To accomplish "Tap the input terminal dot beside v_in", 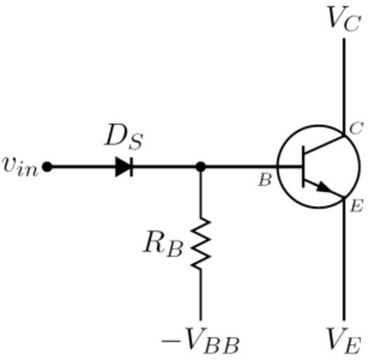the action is tap(47, 167).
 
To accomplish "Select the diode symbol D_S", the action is tap(124, 167).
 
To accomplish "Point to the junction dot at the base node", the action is tap(201, 167).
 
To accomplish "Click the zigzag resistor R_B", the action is tap(201, 244).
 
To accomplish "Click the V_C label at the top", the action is tap(343, 19).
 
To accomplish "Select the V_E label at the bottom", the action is tap(343, 341).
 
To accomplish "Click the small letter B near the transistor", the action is tap(265, 181).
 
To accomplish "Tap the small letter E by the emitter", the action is tap(357, 206).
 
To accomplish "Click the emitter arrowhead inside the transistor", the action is tap(324, 187).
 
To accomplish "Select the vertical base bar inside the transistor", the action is tap(303, 167).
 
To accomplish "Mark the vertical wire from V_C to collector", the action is tap(344, 87).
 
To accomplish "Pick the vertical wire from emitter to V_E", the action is tap(344, 259).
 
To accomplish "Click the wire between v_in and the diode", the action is tap(84, 167).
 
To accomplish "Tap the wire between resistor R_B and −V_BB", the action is tap(201, 295).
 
